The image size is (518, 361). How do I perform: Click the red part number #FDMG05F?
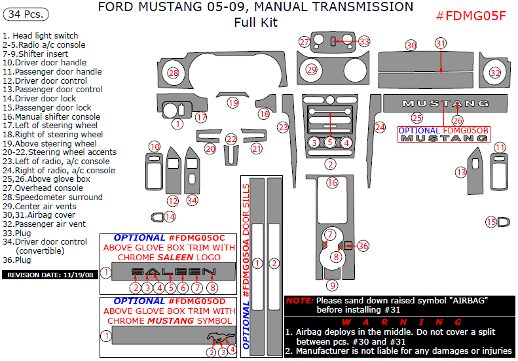[x=471, y=16]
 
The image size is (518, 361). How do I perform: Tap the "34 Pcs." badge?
[x=26, y=14]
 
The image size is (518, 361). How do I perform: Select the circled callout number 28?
[x=173, y=73]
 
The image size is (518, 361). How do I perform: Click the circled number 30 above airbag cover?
[x=411, y=45]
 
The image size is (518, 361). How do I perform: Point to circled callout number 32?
[x=496, y=73]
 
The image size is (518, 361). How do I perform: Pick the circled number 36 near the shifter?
[x=363, y=245]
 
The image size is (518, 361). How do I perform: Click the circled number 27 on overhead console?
[x=305, y=42]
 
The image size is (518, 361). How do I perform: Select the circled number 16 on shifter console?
[x=332, y=182]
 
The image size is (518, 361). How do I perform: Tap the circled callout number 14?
[x=170, y=216]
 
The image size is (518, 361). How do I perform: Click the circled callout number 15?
[x=491, y=222]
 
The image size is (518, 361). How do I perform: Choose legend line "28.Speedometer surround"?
[x=53, y=197]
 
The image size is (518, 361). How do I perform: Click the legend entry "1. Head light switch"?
[x=41, y=36]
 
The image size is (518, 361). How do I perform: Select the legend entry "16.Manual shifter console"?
[x=52, y=116]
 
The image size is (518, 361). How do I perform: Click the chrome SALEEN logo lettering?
[x=174, y=271]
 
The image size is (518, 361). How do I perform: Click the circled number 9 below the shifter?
[x=333, y=285]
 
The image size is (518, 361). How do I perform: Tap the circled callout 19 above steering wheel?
[x=233, y=103]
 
